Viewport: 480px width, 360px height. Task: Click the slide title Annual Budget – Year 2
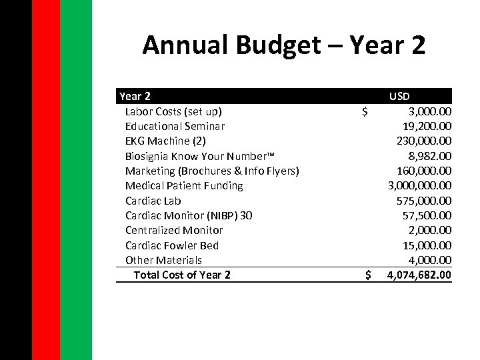pyautogui.click(x=283, y=45)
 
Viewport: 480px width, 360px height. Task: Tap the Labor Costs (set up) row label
pyautogui.click(x=173, y=111)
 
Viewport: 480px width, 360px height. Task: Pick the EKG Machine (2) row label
pyautogui.click(x=165, y=141)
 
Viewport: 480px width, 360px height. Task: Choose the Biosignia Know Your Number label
pyautogui.click(x=199, y=156)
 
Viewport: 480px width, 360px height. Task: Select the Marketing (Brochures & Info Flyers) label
pyautogui.click(x=212, y=171)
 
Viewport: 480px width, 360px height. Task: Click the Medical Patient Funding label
pyautogui.click(x=184, y=185)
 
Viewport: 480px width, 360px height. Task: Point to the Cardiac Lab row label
pyautogui.click(x=153, y=201)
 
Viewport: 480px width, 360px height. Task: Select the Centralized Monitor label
pyautogui.click(x=174, y=230)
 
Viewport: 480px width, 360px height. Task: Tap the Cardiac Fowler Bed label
pyautogui.click(x=172, y=245)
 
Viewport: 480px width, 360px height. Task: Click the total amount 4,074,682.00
pyautogui.click(x=419, y=275)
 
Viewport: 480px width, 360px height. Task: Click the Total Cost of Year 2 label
pyautogui.click(x=182, y=275)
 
